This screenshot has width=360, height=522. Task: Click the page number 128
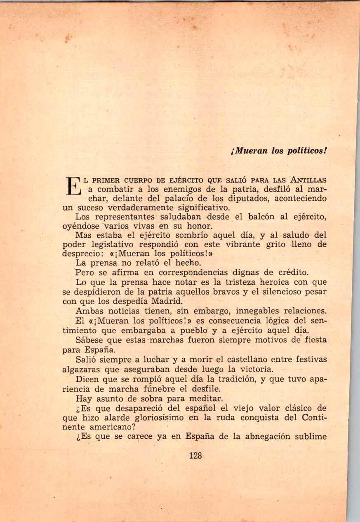pyautogui.click(x=195, y=456)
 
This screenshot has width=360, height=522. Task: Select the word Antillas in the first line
pyautogui.click(x=308, y=180)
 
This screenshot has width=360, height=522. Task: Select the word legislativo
pyautogui.click(x=118, y=244)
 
